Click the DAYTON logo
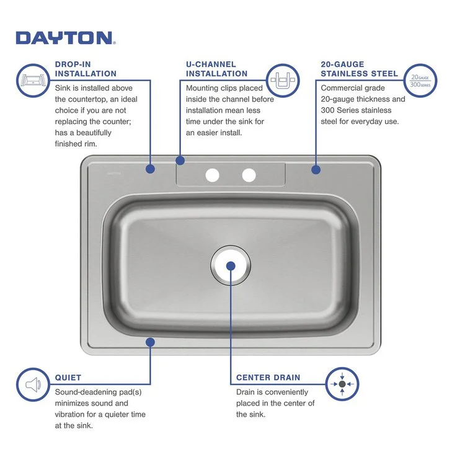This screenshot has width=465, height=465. (x=65, y=38)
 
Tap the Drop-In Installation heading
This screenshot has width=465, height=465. (x=86, y=69)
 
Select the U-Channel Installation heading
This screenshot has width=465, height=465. (x=216, y=69)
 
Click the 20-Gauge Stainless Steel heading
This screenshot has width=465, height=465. (x=359, y=69)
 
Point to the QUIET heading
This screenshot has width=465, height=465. (x=68, y=377)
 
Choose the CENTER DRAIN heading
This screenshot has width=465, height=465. (x=268, y=377)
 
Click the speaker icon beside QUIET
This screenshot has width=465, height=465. (x=32, y=384)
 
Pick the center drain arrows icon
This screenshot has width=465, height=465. (x=342, y=384)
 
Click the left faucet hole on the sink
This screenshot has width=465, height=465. (x=212, y=175)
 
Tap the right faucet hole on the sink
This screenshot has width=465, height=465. (x=249, y=175)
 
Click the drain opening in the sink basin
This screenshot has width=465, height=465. (x=230, y=265)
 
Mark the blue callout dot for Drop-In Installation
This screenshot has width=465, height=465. (x=149, y=168)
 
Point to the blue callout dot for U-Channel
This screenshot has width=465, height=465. (x=180, y=160)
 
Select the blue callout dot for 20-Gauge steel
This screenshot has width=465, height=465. (x=316, y=169)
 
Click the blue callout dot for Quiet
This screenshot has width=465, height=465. (x=149, y=342)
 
